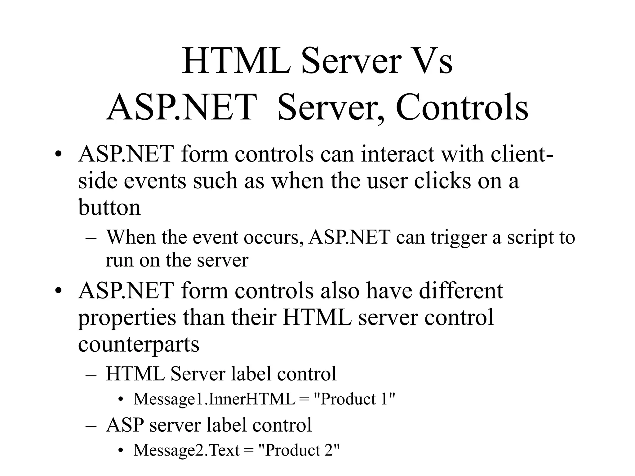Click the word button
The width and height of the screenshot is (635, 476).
click(109, 207)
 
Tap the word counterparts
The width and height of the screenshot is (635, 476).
click(138, 344)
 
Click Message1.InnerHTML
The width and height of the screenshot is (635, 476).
click(214, 399)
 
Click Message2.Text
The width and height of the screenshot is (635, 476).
click(186, 450)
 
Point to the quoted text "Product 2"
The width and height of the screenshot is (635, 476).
click(299, 450)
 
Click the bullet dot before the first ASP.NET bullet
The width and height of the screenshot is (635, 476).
click(58, 154)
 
